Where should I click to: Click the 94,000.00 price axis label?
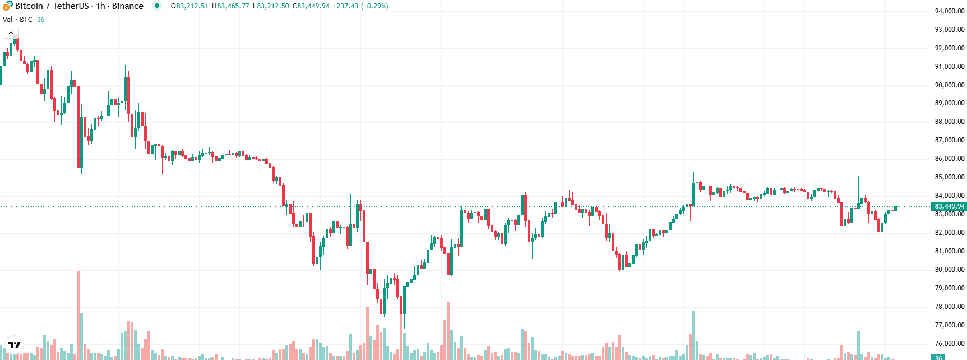tap(949, 11)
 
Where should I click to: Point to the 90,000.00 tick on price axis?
tap(949, 85)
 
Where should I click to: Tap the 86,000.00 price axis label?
tap(949, 159)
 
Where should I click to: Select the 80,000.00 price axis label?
tap(949, 270)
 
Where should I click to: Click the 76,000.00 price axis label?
tap(949, 344)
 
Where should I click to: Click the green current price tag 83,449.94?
tap(949, 206)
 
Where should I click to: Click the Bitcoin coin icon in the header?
tap(7, 6)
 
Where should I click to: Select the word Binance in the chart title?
tap(127, 6)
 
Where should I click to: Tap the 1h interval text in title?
tap(100, 6)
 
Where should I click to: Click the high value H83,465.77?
tap(230, 6)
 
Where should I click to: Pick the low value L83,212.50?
tap(271, 6)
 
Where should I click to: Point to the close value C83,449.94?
tap(311, 6)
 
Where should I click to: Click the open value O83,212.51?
tap(189, 6)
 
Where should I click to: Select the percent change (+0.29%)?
tap(374, 6)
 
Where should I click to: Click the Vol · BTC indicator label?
tap(17, 20)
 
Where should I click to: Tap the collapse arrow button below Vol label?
tap(11, 33)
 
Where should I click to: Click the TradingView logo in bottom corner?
tap(14, 345)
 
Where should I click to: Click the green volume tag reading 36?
tap(938, 357)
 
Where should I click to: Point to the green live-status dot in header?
tap(157, 6)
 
